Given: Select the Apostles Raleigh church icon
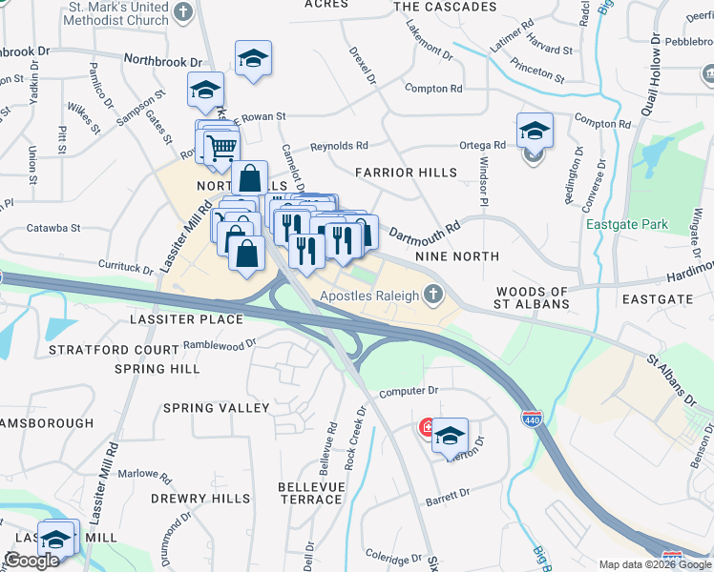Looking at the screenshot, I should click(x=433, y=295).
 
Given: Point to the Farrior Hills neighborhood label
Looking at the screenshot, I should click(x=399, y=173).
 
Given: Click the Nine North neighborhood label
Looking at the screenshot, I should click(x=457, y=256).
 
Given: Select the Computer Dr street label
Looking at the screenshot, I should click(x=408, y=391).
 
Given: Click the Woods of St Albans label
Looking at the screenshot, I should click(x=533, y=297).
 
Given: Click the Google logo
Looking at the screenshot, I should click(x=31, y=561).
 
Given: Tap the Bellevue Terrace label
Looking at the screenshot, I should click(x=310, y=493).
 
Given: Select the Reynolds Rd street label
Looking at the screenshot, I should click(x=338, y=146).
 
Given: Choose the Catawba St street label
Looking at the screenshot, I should click(x=53, y=229).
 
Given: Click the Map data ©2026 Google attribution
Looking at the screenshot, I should click(x=654, y=564).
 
